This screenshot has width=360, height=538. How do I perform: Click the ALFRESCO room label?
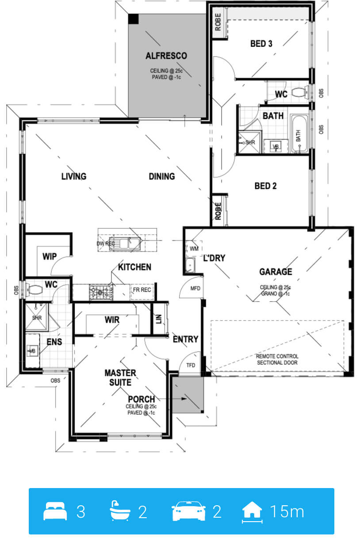coord(166,56)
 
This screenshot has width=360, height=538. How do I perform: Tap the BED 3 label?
coord(261,44)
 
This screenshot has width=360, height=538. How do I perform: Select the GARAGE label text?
coord(276,271)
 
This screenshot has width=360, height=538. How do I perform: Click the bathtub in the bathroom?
coord(299,134)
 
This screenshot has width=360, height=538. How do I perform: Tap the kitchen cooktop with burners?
coord(101,292)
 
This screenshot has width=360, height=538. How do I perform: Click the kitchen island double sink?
coord(125,244)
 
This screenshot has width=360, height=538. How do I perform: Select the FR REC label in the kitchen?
coord(142,290)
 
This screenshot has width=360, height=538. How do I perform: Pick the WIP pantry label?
coord(50,256)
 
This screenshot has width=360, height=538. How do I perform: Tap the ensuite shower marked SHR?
coord(37,317)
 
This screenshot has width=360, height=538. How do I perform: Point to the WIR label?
coord(112,320)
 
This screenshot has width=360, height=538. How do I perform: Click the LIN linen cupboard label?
coord(159,319)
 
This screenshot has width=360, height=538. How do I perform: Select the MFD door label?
coord(195,288)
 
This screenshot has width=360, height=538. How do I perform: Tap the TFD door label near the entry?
coord(191,365)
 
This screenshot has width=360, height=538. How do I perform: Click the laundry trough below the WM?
coord(191,265)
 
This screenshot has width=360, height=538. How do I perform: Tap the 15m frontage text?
coord(287,511)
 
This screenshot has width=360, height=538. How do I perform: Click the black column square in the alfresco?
coord(133,19)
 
